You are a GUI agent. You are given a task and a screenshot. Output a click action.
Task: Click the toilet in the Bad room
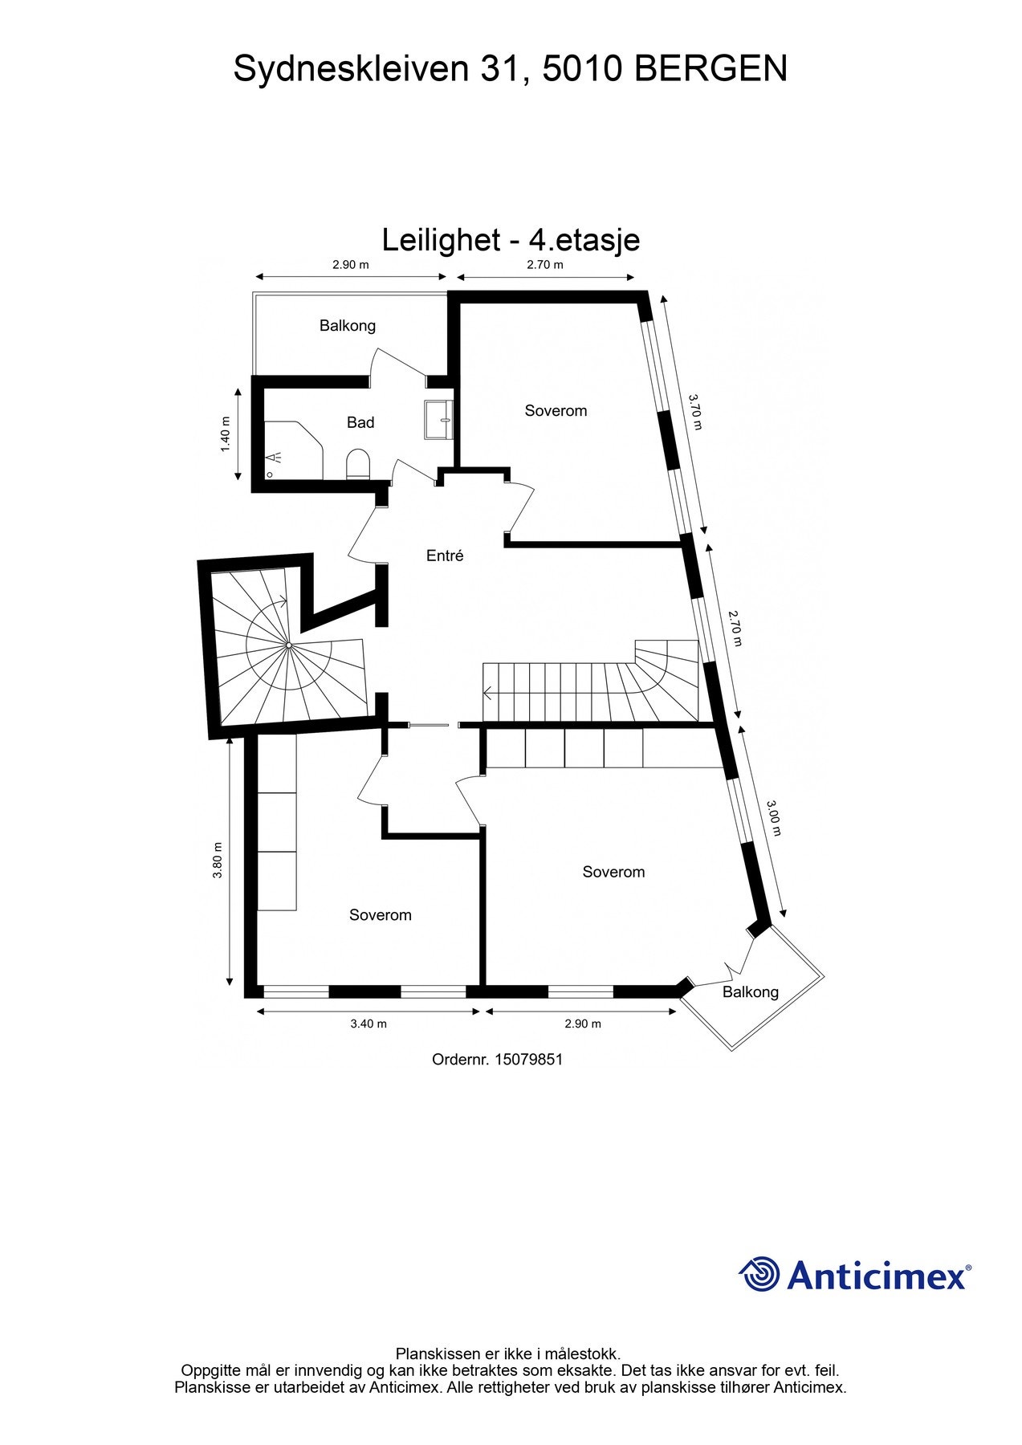[357, 465]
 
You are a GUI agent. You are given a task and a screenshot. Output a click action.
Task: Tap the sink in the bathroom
[439, 419]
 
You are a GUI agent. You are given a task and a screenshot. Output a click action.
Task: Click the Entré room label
[445, 556]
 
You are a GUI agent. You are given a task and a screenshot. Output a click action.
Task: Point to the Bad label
[360, 422]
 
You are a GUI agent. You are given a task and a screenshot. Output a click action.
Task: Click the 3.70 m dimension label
[695, 411]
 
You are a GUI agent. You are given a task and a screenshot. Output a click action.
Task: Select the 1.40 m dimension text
[226, 433]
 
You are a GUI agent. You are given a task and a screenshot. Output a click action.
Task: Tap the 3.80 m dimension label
[217, 860]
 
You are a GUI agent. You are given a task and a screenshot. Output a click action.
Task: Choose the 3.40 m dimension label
[368, 1024]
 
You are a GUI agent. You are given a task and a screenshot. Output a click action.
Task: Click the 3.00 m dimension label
[773, 817]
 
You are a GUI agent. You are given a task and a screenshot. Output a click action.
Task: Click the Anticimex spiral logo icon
[759, 1274]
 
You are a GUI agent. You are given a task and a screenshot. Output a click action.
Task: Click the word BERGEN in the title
[711, 69]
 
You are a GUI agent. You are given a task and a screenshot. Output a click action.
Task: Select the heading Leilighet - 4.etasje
[511, 240]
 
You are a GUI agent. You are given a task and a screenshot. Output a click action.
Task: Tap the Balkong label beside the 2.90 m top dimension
[348, 325]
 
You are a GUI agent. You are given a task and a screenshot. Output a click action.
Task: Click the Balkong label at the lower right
[751, 991]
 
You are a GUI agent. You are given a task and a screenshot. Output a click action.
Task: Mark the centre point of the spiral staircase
[288, 645]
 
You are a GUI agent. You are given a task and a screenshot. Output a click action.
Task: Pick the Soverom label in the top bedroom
[556, 410]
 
